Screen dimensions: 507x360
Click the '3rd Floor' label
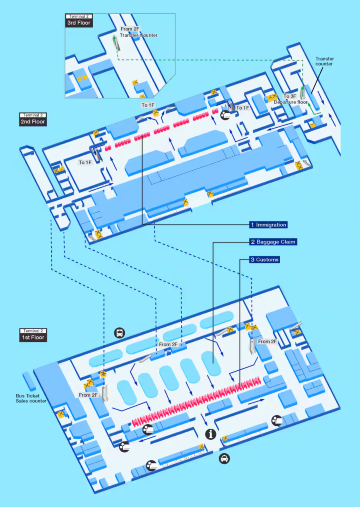[x=79, y=23]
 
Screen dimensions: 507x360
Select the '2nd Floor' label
[x=32, y=122]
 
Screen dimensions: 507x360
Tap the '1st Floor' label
[x=32, y=338]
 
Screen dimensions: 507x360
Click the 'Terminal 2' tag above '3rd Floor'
[x=78, y=17]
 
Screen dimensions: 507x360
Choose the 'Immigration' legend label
[x=273, y=225]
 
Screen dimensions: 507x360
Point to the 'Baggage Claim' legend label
[x=276, y=242]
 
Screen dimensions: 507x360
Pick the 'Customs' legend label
[x=269, y=260]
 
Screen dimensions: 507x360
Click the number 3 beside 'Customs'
[x=252, y=260]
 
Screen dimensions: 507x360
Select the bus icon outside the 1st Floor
[x=120, y=335]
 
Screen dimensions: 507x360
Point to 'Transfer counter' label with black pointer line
[x=324, y=62]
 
